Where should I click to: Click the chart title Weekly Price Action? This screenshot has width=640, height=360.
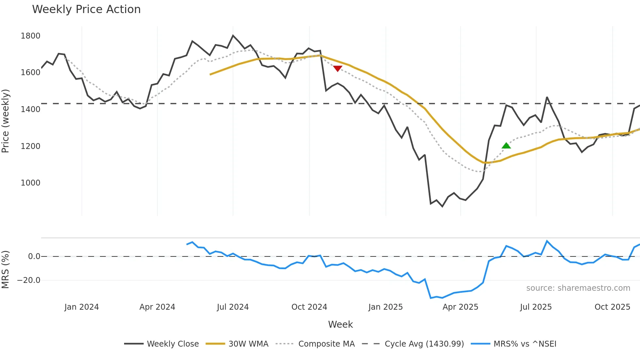tap(86, 9)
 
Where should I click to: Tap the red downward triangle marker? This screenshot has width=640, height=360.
tap(338, 68)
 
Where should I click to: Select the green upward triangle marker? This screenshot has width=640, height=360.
tap(506, 146)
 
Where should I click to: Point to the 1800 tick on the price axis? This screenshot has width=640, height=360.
tap(30, 36)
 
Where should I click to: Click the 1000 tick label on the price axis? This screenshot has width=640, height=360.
tap(30, 183)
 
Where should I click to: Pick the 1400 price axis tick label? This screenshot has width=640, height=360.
tap(30, 109)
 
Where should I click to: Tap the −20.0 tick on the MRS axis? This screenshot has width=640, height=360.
tap(29, 280)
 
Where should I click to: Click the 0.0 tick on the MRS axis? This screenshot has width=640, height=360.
tap(34, 256)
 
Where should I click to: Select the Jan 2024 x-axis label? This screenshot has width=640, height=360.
tap(82, 307)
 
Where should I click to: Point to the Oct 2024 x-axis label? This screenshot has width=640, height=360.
tap(309, 307)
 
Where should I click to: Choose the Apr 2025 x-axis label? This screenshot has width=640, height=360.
tap(460, 307)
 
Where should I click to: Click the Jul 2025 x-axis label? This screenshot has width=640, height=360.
tap(536, 307)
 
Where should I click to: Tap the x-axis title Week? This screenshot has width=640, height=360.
tap(340, 324)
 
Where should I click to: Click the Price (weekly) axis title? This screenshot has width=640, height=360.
tap(6, 121)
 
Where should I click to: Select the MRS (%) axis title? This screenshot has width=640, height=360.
tap(6, 270)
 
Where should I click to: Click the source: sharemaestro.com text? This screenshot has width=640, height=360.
tap(578, 288)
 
